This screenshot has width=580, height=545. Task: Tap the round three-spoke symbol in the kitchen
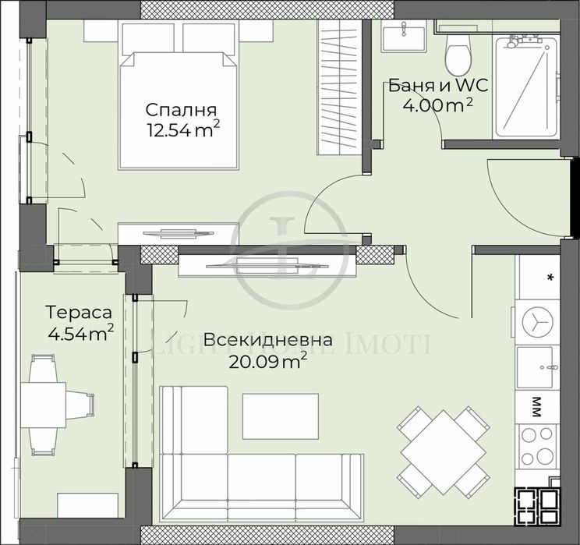pyautogui.click(x=536, y=320)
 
